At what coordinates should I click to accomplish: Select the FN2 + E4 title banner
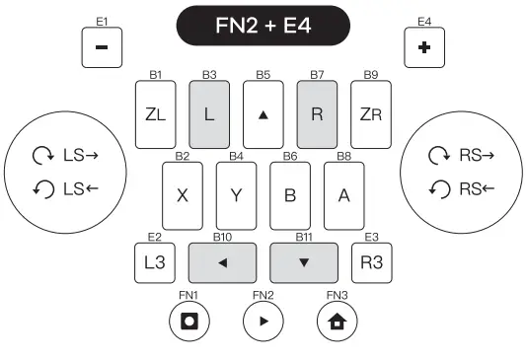[x=263, y=26]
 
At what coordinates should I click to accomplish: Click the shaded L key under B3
[x=208, y=113]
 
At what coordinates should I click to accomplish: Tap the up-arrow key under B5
[x=263, y=113]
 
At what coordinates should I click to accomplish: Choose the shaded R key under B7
[x=317, y=113]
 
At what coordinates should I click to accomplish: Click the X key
[x=182, y=193]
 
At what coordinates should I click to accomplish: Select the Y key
[x=236, y=193]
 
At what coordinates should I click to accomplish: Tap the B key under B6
[x=290, y=193]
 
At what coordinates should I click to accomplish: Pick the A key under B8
[x=343, y=193]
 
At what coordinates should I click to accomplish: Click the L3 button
[x=154, y=262]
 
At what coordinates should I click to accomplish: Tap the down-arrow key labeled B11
[x=304, y=262]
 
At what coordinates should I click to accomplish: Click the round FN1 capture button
[x=188, y=323]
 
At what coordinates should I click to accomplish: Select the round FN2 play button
[x=263, y=323]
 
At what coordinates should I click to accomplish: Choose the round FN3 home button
[x=338, y=323]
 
